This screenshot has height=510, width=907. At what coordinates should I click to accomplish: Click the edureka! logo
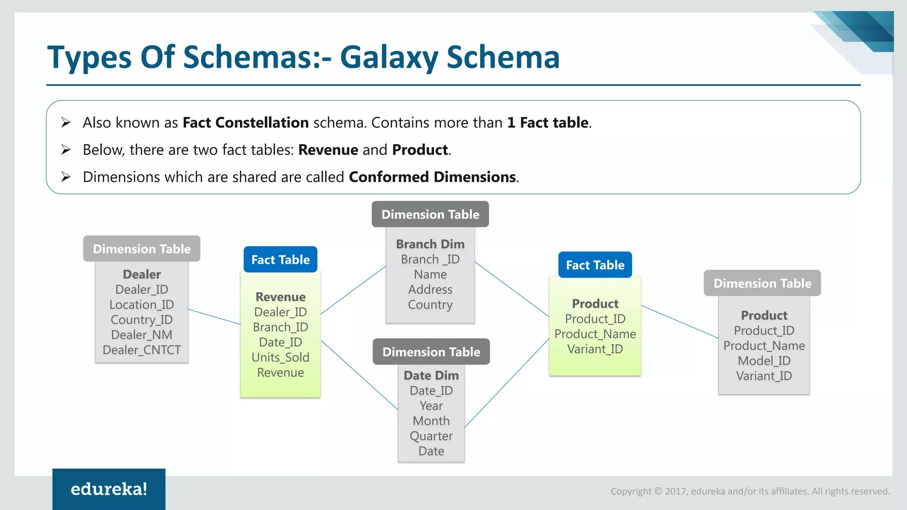click(x=109, y=489)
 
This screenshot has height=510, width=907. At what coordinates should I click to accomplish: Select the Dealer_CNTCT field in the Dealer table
click(x=142, y=350)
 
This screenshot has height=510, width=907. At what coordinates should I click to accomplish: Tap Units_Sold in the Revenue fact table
click(x=280, y=357)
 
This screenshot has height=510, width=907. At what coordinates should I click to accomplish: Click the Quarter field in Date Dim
click(x=431, y=436)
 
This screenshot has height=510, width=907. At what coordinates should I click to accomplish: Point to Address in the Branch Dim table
click(x=430, y=290)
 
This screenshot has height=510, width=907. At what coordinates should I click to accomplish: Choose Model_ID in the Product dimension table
click(x=764, y=361)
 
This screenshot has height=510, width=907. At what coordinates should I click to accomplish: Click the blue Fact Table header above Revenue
click(x=280, y=259)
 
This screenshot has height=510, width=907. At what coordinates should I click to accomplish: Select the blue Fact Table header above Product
click(x=595, y=265)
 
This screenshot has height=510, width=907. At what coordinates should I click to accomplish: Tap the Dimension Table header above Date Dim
click(x=431, y=352)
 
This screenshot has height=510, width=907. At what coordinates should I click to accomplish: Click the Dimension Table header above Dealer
click(x=142, y=249)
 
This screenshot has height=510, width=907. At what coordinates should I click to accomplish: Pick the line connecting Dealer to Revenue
click(x=215, y=317)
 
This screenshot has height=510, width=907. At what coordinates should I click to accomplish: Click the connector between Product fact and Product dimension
click(x=680, y=322)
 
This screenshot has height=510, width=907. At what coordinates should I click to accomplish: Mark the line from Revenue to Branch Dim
click(x=353, y=290)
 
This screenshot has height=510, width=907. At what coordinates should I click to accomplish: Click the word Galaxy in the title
click(x=388, y=58)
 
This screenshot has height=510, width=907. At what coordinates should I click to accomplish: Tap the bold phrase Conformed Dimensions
click(x=433, y=177)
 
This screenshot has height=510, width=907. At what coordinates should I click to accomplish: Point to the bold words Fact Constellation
click(x=245, y=123)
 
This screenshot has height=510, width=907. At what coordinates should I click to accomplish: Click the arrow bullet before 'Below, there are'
click(x=66, y=150)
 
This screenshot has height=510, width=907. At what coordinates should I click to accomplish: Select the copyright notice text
click(x=750, y=491)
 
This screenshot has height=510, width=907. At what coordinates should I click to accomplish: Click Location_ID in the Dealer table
click(x=142, y=305)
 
